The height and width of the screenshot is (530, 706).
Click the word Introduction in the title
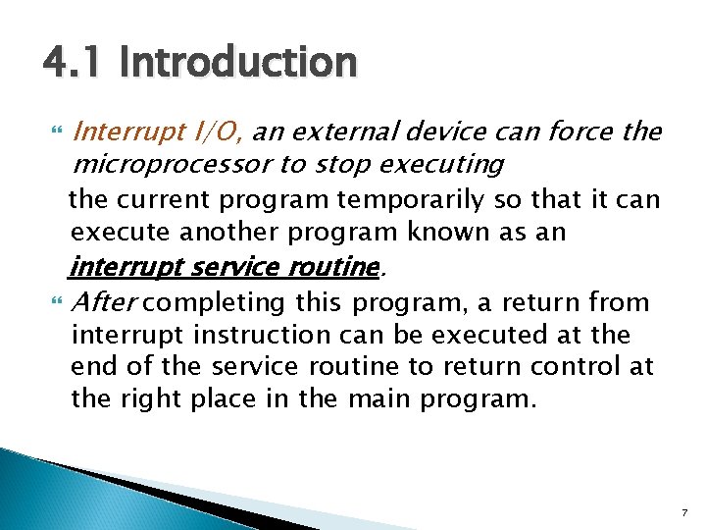238,64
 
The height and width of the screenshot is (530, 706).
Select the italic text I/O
224,132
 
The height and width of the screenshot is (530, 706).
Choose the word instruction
263,335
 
